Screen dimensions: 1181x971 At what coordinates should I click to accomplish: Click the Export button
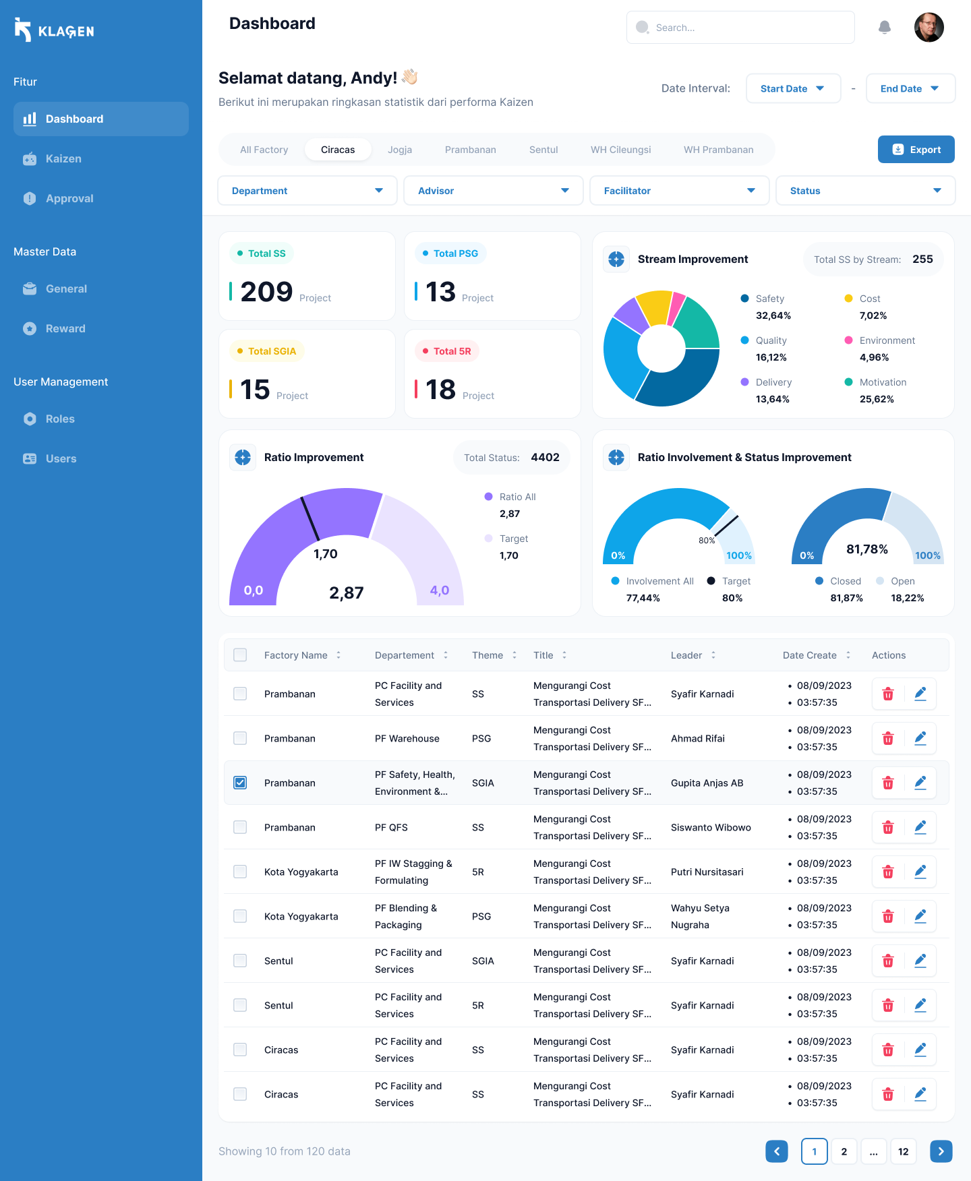pos(916,150)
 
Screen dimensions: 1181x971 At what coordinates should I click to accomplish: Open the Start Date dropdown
pos(793,88)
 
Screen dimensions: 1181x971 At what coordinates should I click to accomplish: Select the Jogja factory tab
pos(400,150)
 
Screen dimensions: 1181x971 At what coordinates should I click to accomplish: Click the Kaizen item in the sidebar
pos(63,158)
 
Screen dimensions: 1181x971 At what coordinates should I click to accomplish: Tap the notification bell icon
pos(885,27)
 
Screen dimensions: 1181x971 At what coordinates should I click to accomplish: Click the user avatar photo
pos(929,28)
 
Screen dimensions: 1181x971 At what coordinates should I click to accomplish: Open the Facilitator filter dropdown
pos(679,191)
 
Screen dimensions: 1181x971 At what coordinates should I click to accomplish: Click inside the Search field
pos(742,28)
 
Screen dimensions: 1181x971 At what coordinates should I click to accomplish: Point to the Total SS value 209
pos(266,292)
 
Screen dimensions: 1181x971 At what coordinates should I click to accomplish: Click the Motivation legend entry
pos(882,382)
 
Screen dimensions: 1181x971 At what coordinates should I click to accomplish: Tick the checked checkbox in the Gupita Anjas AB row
pos(240,783)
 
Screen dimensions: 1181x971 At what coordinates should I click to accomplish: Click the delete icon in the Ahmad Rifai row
pos(888,738)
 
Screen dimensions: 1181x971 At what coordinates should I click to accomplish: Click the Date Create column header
pos(809,655)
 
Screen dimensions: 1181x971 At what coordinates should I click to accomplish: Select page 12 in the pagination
pos(903,1151)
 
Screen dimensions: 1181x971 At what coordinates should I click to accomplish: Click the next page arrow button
pos(941,1151)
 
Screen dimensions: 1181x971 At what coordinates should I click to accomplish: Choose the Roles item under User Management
pos(60,419)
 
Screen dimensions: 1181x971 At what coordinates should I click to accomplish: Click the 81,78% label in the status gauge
pos(866,549)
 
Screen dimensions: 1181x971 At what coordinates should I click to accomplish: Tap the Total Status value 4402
pos(545,457)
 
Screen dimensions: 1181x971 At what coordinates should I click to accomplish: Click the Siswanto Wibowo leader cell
pos(711,827)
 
